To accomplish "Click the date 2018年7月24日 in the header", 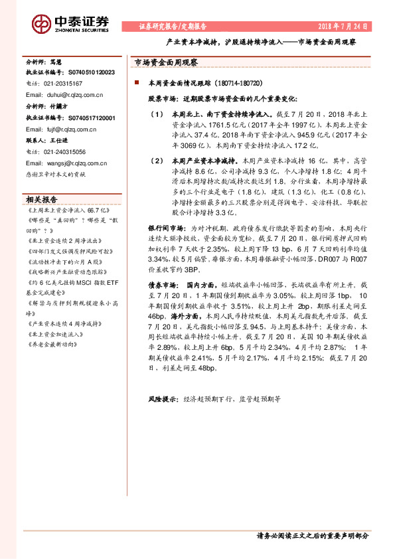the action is click(x=343, y=27).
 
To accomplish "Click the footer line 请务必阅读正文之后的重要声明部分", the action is click(x=312, y=535).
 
